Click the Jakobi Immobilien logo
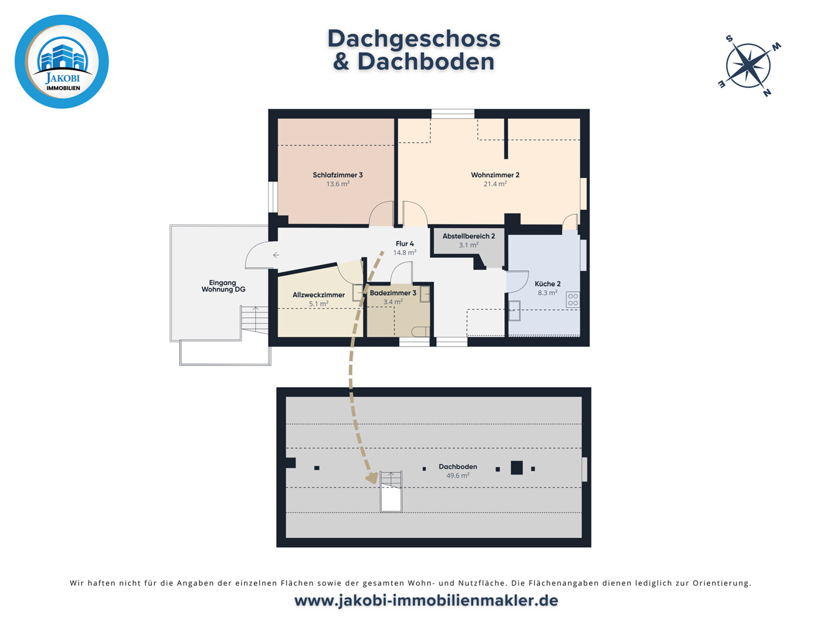pyautogui.click(x=62, y=62)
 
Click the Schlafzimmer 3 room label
pyautogui.click(x=338, y=175)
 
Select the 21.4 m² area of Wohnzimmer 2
pyautogui.click(x=495, y=184)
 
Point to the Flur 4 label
pyautogui.click(x=405, y=244)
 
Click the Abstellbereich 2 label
pyautogui.click(x=469, y=236)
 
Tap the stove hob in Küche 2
pyautogui.click(x=572, y=300)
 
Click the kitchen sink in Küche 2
pyautogui.click(x=514, y=311)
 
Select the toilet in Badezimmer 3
pyautogui.click(x=420, y=332)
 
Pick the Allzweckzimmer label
pyautogui.click(x=318, y=295)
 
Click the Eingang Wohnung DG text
pyautogui.click(x=223, y=286)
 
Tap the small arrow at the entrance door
pyautogui.click(x=276, y=255)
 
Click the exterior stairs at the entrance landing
pyautogui.click(x=255, y=320)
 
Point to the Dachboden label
pyautogui.click(x=458, y=467)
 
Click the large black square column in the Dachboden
pyautogui.click(x=517, y=468)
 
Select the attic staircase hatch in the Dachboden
pyautogui.click(x=391, y=491)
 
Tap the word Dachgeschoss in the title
pyautogui.click(x=414, y=39)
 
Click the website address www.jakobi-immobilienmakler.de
pyautogui.click(x=426, y=601)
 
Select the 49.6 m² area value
pyautogui.click(x=458, y=476)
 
